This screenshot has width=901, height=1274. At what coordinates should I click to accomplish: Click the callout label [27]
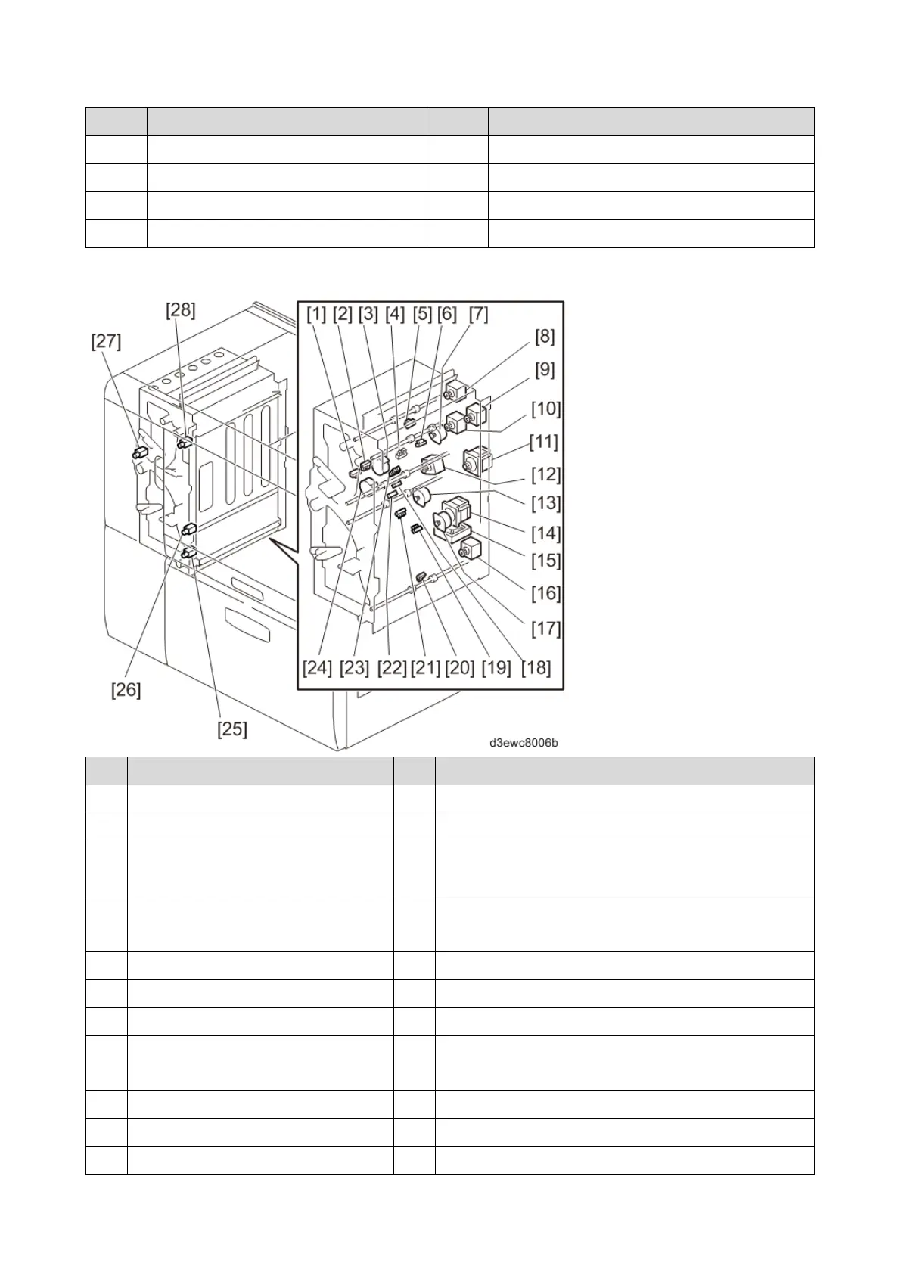[106, 341]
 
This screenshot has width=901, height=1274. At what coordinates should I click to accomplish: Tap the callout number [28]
[181, 309]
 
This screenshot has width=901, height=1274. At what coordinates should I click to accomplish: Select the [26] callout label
[126, 690]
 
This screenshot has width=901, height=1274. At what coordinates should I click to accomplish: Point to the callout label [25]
[232, 729]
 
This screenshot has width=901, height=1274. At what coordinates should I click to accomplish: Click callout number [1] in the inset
[316, 314]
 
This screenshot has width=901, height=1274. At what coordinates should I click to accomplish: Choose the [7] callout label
[478, 314]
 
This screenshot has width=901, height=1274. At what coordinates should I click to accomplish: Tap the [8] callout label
[545, 337]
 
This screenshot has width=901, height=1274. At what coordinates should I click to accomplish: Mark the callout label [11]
[544, 441]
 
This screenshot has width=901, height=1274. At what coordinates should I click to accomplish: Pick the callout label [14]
[545, 533]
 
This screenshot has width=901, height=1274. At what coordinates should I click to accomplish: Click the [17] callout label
[545, 628]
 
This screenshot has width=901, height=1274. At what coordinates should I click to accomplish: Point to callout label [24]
[318, 667]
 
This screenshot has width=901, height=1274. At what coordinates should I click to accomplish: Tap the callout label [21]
[424, 667]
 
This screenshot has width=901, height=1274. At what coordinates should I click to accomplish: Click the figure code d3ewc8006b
[523, 743]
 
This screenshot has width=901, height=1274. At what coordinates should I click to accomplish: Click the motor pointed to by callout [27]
[139, 454]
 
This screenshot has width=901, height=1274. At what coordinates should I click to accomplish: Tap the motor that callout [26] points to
[189, 529]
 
